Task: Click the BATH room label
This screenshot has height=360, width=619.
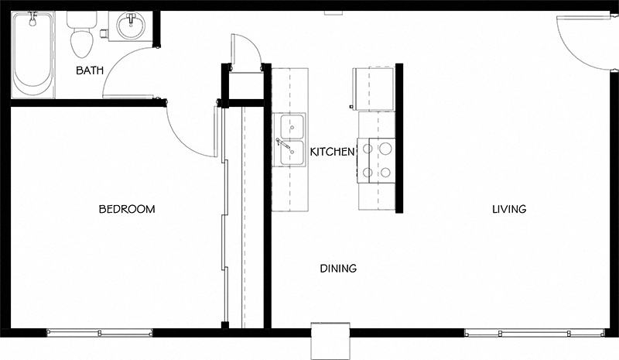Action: [x=90, y=70]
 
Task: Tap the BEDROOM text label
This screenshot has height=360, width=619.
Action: [x=127, y=209]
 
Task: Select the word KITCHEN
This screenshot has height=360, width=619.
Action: [x=332, y=152]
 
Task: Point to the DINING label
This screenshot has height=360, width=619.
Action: [x=338, y=269]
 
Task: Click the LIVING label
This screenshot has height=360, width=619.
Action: [x=509, y=209]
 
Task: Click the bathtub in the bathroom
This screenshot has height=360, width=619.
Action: [x=32, y=54]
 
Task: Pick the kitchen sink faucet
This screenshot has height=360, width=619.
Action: [x=282, y=143]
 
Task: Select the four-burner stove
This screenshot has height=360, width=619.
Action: [x=376, y=160]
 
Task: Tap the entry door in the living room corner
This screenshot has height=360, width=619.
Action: [x=584, y=43]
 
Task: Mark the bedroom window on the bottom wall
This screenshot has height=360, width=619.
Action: [x=99, y=333]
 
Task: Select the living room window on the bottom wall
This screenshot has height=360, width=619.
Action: [x=535, y=333]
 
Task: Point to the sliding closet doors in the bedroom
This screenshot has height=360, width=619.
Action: [x=225, y=217]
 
